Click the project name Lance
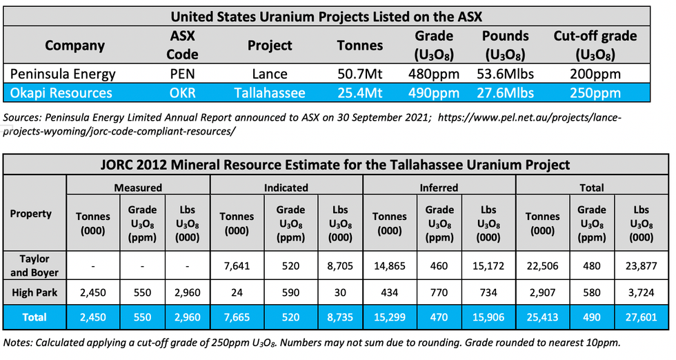coord(270,74)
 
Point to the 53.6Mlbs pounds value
coord(506,74)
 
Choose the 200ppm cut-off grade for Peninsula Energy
coord(595,74)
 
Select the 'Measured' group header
coord(138,187)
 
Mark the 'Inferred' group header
coord(439,187)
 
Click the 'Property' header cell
coord(31,214)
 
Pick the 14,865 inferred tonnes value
coord(390,266)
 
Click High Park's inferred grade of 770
coord(439,293)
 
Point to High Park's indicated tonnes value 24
coord(237,293)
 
